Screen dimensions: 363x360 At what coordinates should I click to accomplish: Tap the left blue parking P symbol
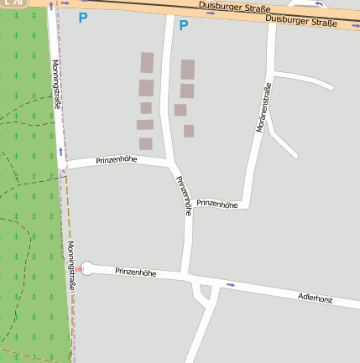(81, 17)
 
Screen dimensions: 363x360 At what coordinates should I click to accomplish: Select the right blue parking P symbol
(184, 25)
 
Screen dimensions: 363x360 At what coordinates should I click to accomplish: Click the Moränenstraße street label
(263, 108)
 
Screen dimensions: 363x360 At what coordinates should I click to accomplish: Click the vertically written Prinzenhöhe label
(183, 196)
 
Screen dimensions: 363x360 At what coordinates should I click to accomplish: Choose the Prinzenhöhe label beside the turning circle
(136, 272)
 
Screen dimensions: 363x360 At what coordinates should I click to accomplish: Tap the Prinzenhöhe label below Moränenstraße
(217, 204)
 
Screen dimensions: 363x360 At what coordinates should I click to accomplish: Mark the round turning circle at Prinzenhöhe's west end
(87, 268)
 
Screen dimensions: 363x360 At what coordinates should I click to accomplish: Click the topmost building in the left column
(147, 63)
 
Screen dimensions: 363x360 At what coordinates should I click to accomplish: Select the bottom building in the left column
(146, 143)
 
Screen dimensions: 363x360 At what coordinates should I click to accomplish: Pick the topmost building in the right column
(188, 69)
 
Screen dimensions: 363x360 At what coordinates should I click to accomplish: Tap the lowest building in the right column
(189, 131)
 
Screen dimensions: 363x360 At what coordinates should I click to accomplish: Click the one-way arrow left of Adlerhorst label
(231, 285)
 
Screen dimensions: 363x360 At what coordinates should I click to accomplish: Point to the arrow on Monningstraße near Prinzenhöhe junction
(60, 153)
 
